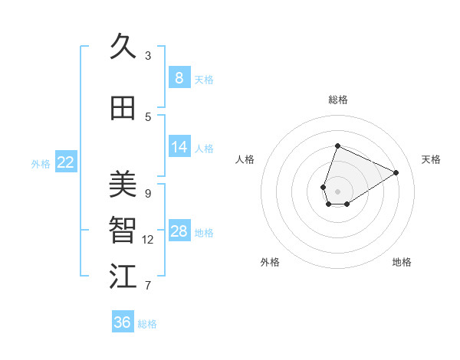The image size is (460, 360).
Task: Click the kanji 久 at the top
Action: click(123, 47)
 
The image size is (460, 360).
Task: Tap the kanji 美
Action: click(123, 184)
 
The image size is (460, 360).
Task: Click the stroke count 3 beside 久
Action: click(148, 56)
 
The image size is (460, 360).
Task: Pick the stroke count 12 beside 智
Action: click(148, 240)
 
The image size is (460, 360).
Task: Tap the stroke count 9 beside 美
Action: click(148, 193)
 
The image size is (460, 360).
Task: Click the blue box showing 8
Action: click(179, 77)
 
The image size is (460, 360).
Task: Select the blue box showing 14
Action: click(179, 147)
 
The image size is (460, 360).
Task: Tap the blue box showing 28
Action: click(179, 231)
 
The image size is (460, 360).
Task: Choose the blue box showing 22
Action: click(66, 162)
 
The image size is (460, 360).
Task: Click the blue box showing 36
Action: click(122, 322)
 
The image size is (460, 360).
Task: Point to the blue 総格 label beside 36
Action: click(147, 324)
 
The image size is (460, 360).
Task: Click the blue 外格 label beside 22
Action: click(41, 163)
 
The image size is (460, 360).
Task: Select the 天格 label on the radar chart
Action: click(431, 159)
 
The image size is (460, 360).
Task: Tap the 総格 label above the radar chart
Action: click(337, 100)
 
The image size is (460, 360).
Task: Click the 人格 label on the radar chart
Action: click(245, 159)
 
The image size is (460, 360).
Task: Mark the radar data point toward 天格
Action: click(396, 172)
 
